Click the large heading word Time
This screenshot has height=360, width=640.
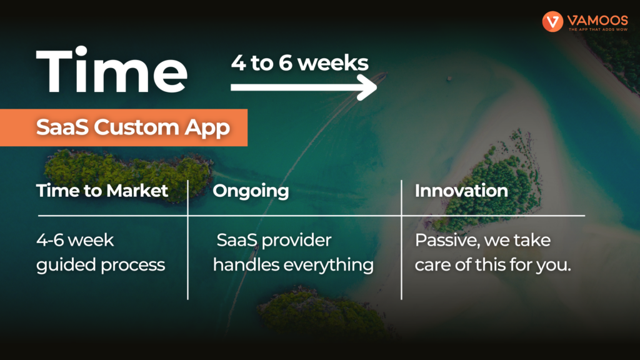pyautogui.click(x=111, y=70)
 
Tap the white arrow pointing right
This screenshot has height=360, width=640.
pyautogui.click(x=303, y=87)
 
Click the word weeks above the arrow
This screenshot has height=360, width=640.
pyautogui.click(x=333, y=63)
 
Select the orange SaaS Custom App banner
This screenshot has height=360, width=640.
pyautogui.click(x=124, y=127)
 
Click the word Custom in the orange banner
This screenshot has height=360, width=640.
pyautogui.click(x=137, y=127)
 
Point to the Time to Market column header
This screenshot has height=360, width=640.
pyautogui.click(x=102, y=191)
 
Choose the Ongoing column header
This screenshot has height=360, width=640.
pyautogui.click(x=251, y=191)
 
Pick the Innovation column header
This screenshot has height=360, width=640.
pyautogui.click(x=461, y=191)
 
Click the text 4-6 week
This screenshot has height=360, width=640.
pyautogui.click(x=75, y=240)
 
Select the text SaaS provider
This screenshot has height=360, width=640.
pyautogui.click(x=274, y=241)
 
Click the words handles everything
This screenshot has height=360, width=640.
pyautogui.click(x=293, y=265)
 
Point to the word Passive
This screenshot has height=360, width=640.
pyautogui.click(x=447, y=241)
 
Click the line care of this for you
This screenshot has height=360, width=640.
pyautogui.click(x=492, y=265)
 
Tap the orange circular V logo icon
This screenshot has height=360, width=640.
pyautogui.click(x=552, y=21)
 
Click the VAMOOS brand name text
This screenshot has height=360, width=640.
pyautogui.click(x=597, y=20)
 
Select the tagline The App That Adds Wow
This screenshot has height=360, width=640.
pyautogui.click(x=598, y=29)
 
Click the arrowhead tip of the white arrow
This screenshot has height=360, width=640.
pyautogui.click(x=377, y=87)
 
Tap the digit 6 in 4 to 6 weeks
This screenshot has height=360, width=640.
pyautogui.click(x=285, y=63)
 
